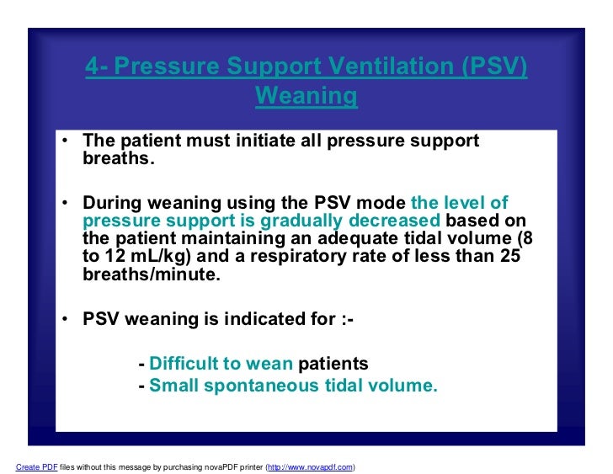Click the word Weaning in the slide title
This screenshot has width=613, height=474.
coord(306,96)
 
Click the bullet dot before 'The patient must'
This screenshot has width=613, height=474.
coord(65,141)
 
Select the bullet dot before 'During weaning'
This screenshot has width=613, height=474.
coord(65,203)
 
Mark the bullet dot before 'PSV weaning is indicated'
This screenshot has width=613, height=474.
coord(65,320)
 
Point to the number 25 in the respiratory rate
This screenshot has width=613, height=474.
coord(509,258)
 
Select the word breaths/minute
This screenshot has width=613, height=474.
coord(152,276)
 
